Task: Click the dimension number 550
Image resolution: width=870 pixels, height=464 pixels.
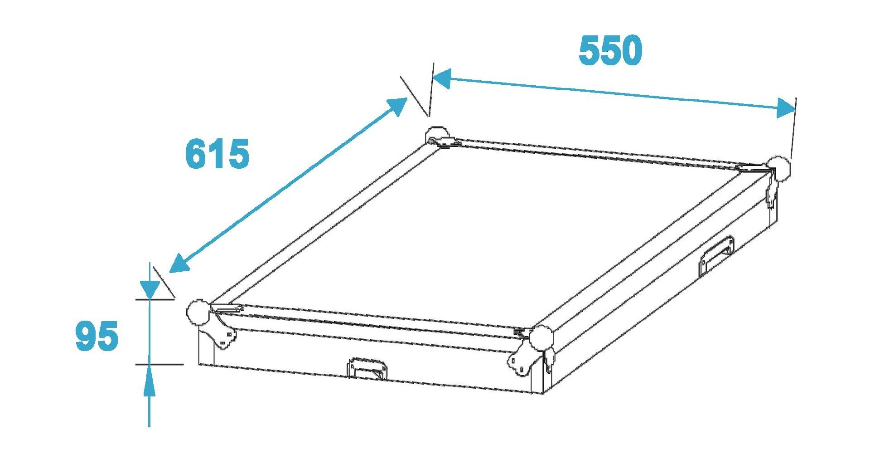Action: pos(610,50)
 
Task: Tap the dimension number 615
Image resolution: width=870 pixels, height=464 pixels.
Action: pos(217,154)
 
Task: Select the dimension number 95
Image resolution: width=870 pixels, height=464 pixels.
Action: pos(97,336)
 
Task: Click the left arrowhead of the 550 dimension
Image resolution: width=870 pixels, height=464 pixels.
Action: pos(442,78)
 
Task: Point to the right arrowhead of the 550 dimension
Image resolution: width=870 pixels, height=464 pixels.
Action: pos(785,108)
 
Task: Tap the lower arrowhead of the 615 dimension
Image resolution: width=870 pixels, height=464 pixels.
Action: pos(179,264)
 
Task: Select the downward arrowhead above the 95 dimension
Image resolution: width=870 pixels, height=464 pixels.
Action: pos(150,289)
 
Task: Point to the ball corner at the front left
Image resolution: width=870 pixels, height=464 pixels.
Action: pos(198,312)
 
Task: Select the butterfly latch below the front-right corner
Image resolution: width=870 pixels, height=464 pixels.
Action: pos(524,359)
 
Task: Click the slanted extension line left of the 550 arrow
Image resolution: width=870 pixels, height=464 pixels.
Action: pos(415,96)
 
